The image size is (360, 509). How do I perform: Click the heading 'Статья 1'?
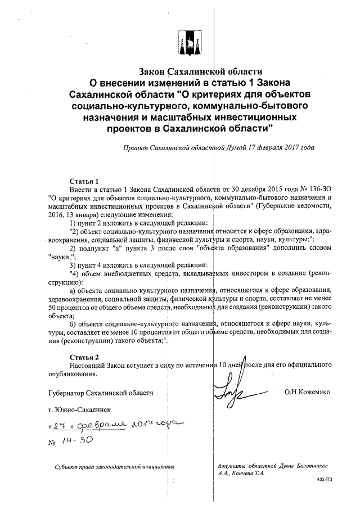84,182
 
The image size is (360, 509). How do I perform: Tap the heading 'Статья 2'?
84,357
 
